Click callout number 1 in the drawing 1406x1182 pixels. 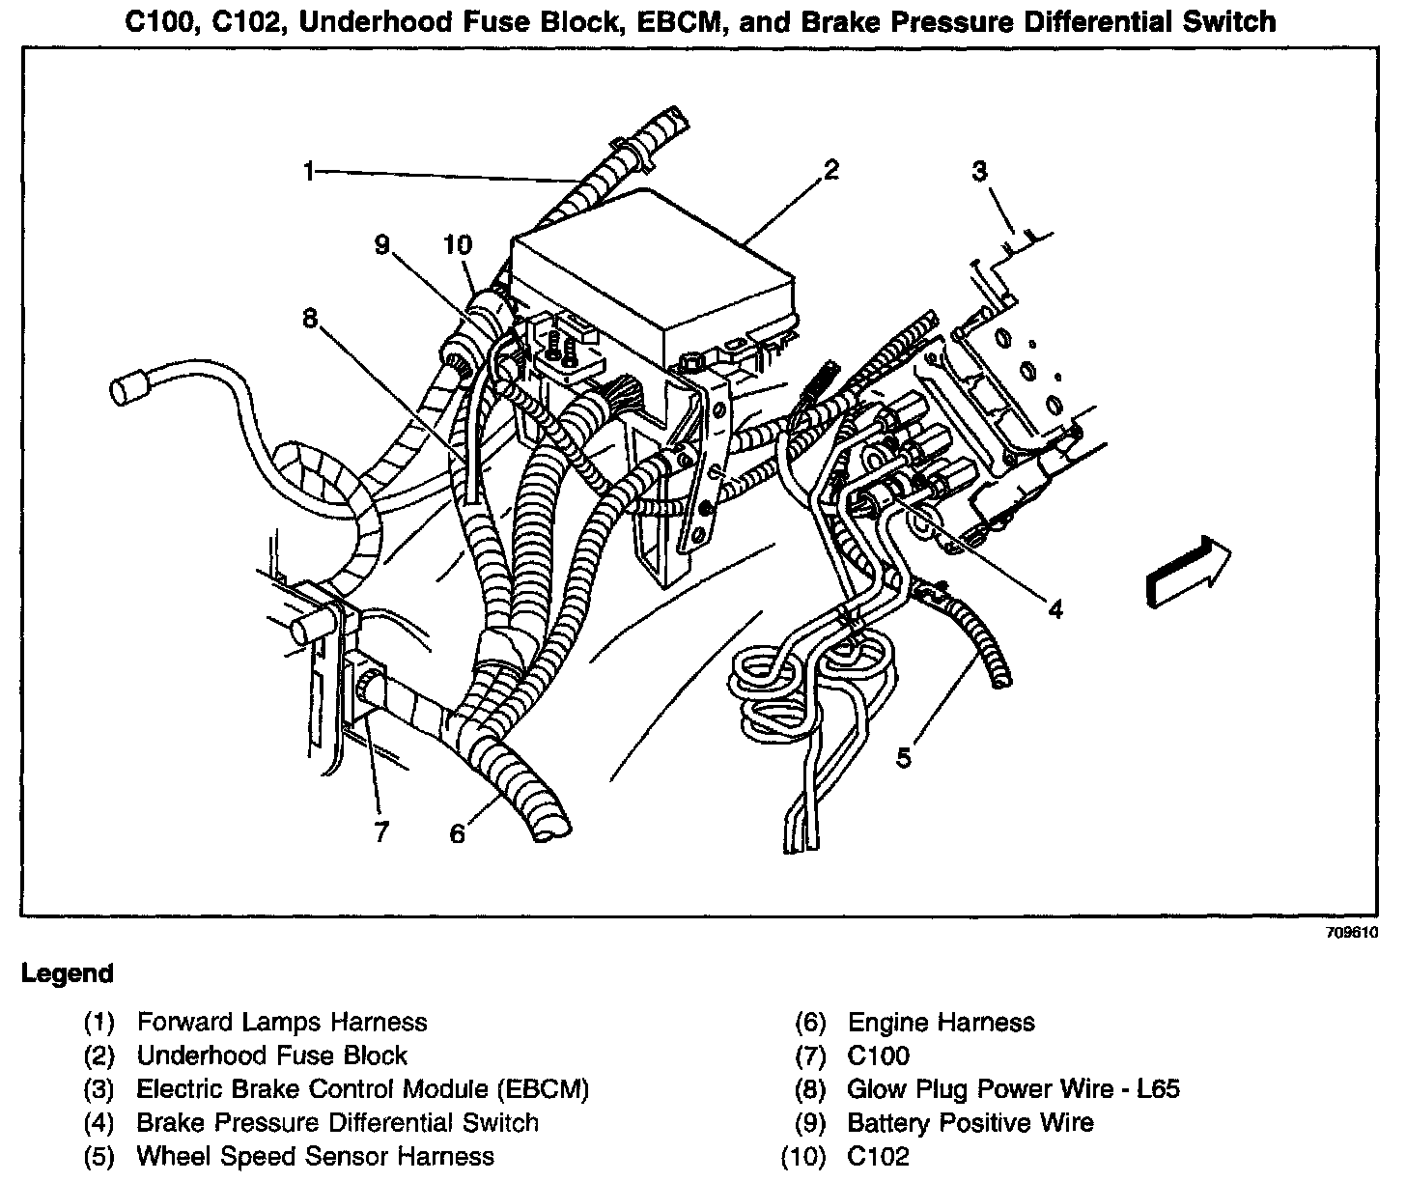(x=309, y=173)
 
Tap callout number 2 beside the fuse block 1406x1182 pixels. (x=830, y=171)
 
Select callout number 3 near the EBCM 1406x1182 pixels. (x=979, y=172)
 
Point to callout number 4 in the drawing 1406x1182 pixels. (x=1055, y=609)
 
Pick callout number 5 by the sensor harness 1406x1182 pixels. (x=903, y=758)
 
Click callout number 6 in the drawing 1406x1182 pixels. (x=457, y=832)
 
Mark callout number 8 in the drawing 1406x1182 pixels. (x=310, y=318)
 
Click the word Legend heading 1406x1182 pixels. (x=68, y=973)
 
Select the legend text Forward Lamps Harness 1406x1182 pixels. (x=281, y=1022)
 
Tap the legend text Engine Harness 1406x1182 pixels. (x=941, y=1022)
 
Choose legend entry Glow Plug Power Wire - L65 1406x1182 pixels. (x=1013, y=1089)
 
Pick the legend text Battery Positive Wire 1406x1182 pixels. (x=970, y=1122)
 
